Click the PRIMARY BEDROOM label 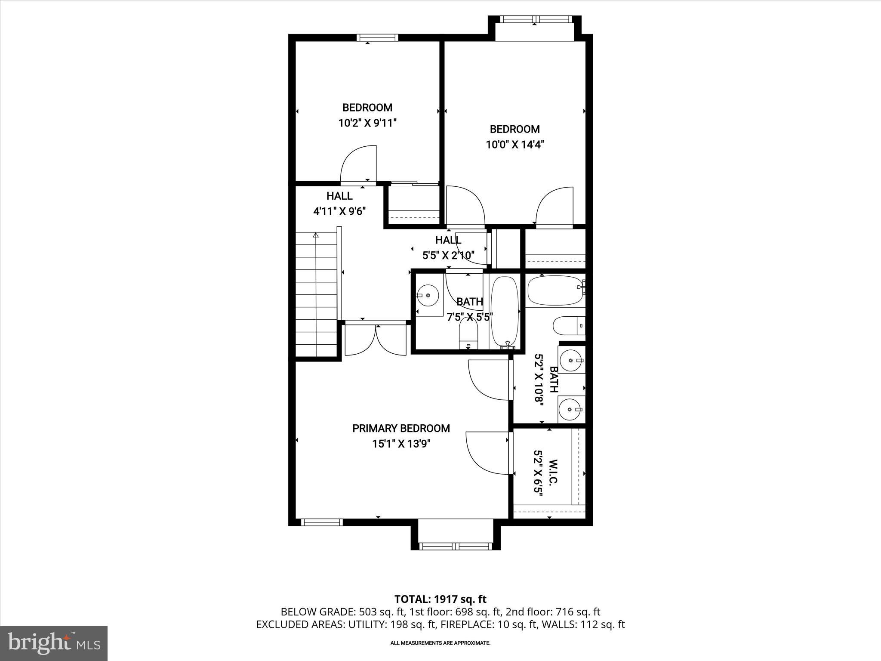[401, 428]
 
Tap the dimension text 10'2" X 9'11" [367, 123]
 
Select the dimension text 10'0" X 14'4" [515, 145]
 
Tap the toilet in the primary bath [567, 326]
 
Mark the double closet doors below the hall [376, 340]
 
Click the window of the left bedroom [377, 38]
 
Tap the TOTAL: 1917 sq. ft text [440, 599]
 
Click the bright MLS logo [54, 643]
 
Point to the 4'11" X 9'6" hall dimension [339, 211]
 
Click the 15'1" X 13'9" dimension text [401, 444]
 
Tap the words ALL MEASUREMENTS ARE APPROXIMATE [440, 643]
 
